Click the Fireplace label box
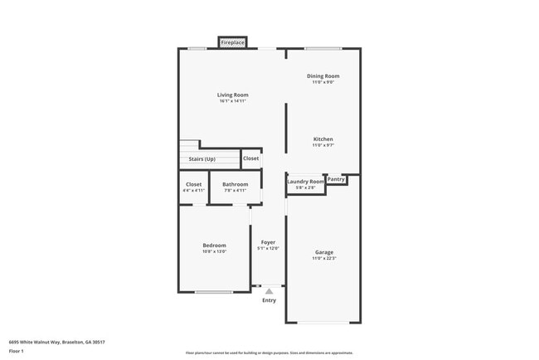[x=232, y=42]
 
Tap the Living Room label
[x=233, y=95]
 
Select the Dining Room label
[x=323, y=76]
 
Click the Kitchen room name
[x=323, y=139]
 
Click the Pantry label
[x=336, y=179]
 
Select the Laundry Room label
[x=305, y=181]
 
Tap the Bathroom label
[x=235, y=184]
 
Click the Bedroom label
[x=214, y=245]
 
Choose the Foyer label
[x=268, y=242]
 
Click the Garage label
[x=323, y=252]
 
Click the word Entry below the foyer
[x=269, y=300]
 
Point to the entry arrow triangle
[x=269, y=291]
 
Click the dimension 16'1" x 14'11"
[x=233, y=101]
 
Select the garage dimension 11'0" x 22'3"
[x=323, y=259]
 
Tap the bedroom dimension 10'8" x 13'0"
[x=214, y=251]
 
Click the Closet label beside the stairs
[x=250, y=158]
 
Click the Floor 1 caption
[x=17, y=352]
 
